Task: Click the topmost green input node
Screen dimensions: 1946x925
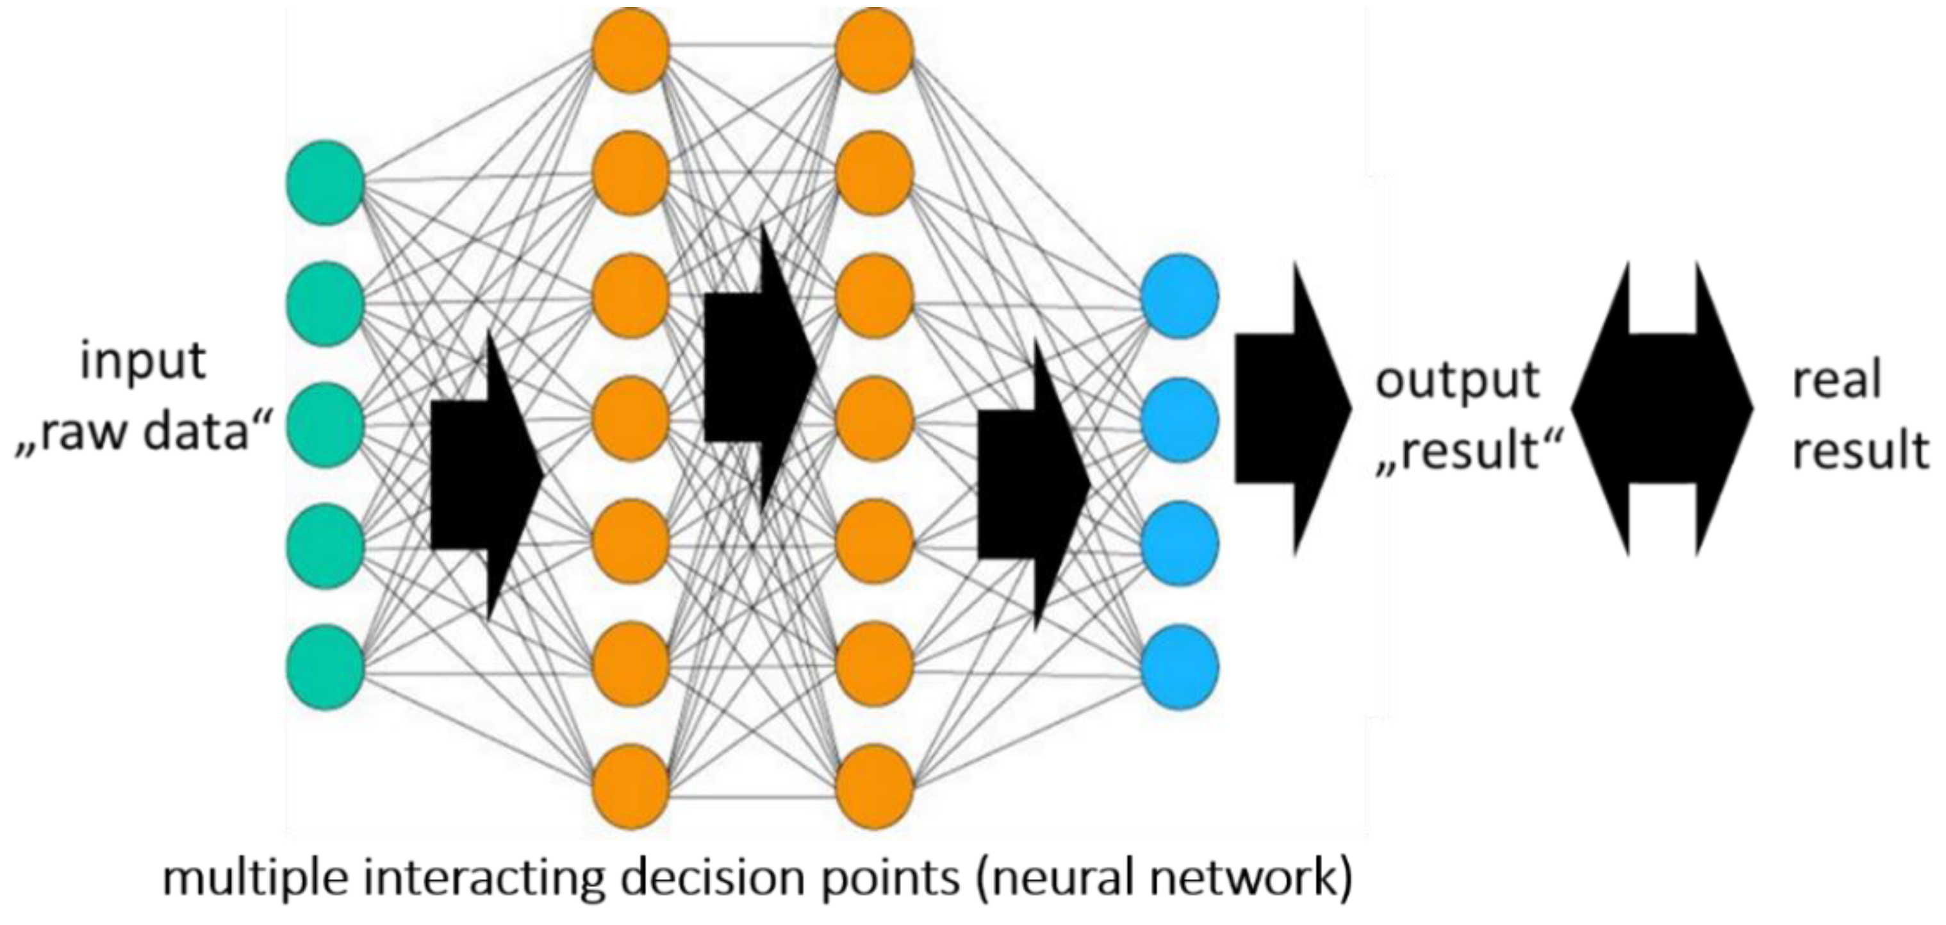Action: (326, 182)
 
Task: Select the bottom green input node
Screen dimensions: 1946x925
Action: (326, 667)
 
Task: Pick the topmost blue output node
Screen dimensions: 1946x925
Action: (1180, 296)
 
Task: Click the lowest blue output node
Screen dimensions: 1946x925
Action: (1180, 667)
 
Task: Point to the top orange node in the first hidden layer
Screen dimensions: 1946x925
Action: (631, 50)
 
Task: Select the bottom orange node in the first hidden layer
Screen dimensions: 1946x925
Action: (631, 787)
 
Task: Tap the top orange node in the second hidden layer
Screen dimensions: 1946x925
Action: (875, 50)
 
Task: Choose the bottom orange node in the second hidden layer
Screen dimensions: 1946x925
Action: (875, 787)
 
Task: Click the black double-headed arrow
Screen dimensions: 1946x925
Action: (1662, 409)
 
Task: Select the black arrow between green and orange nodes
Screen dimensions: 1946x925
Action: (486, 474)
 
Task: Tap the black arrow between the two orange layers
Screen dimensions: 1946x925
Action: (760, 367)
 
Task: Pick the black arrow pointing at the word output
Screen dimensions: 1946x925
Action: (1293, 409)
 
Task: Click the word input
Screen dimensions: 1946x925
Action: (143, 362)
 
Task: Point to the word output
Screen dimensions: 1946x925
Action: (1457, 380)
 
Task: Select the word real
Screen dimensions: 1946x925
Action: (1836, 379)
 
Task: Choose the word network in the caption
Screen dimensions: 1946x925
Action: (1231, 877)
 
